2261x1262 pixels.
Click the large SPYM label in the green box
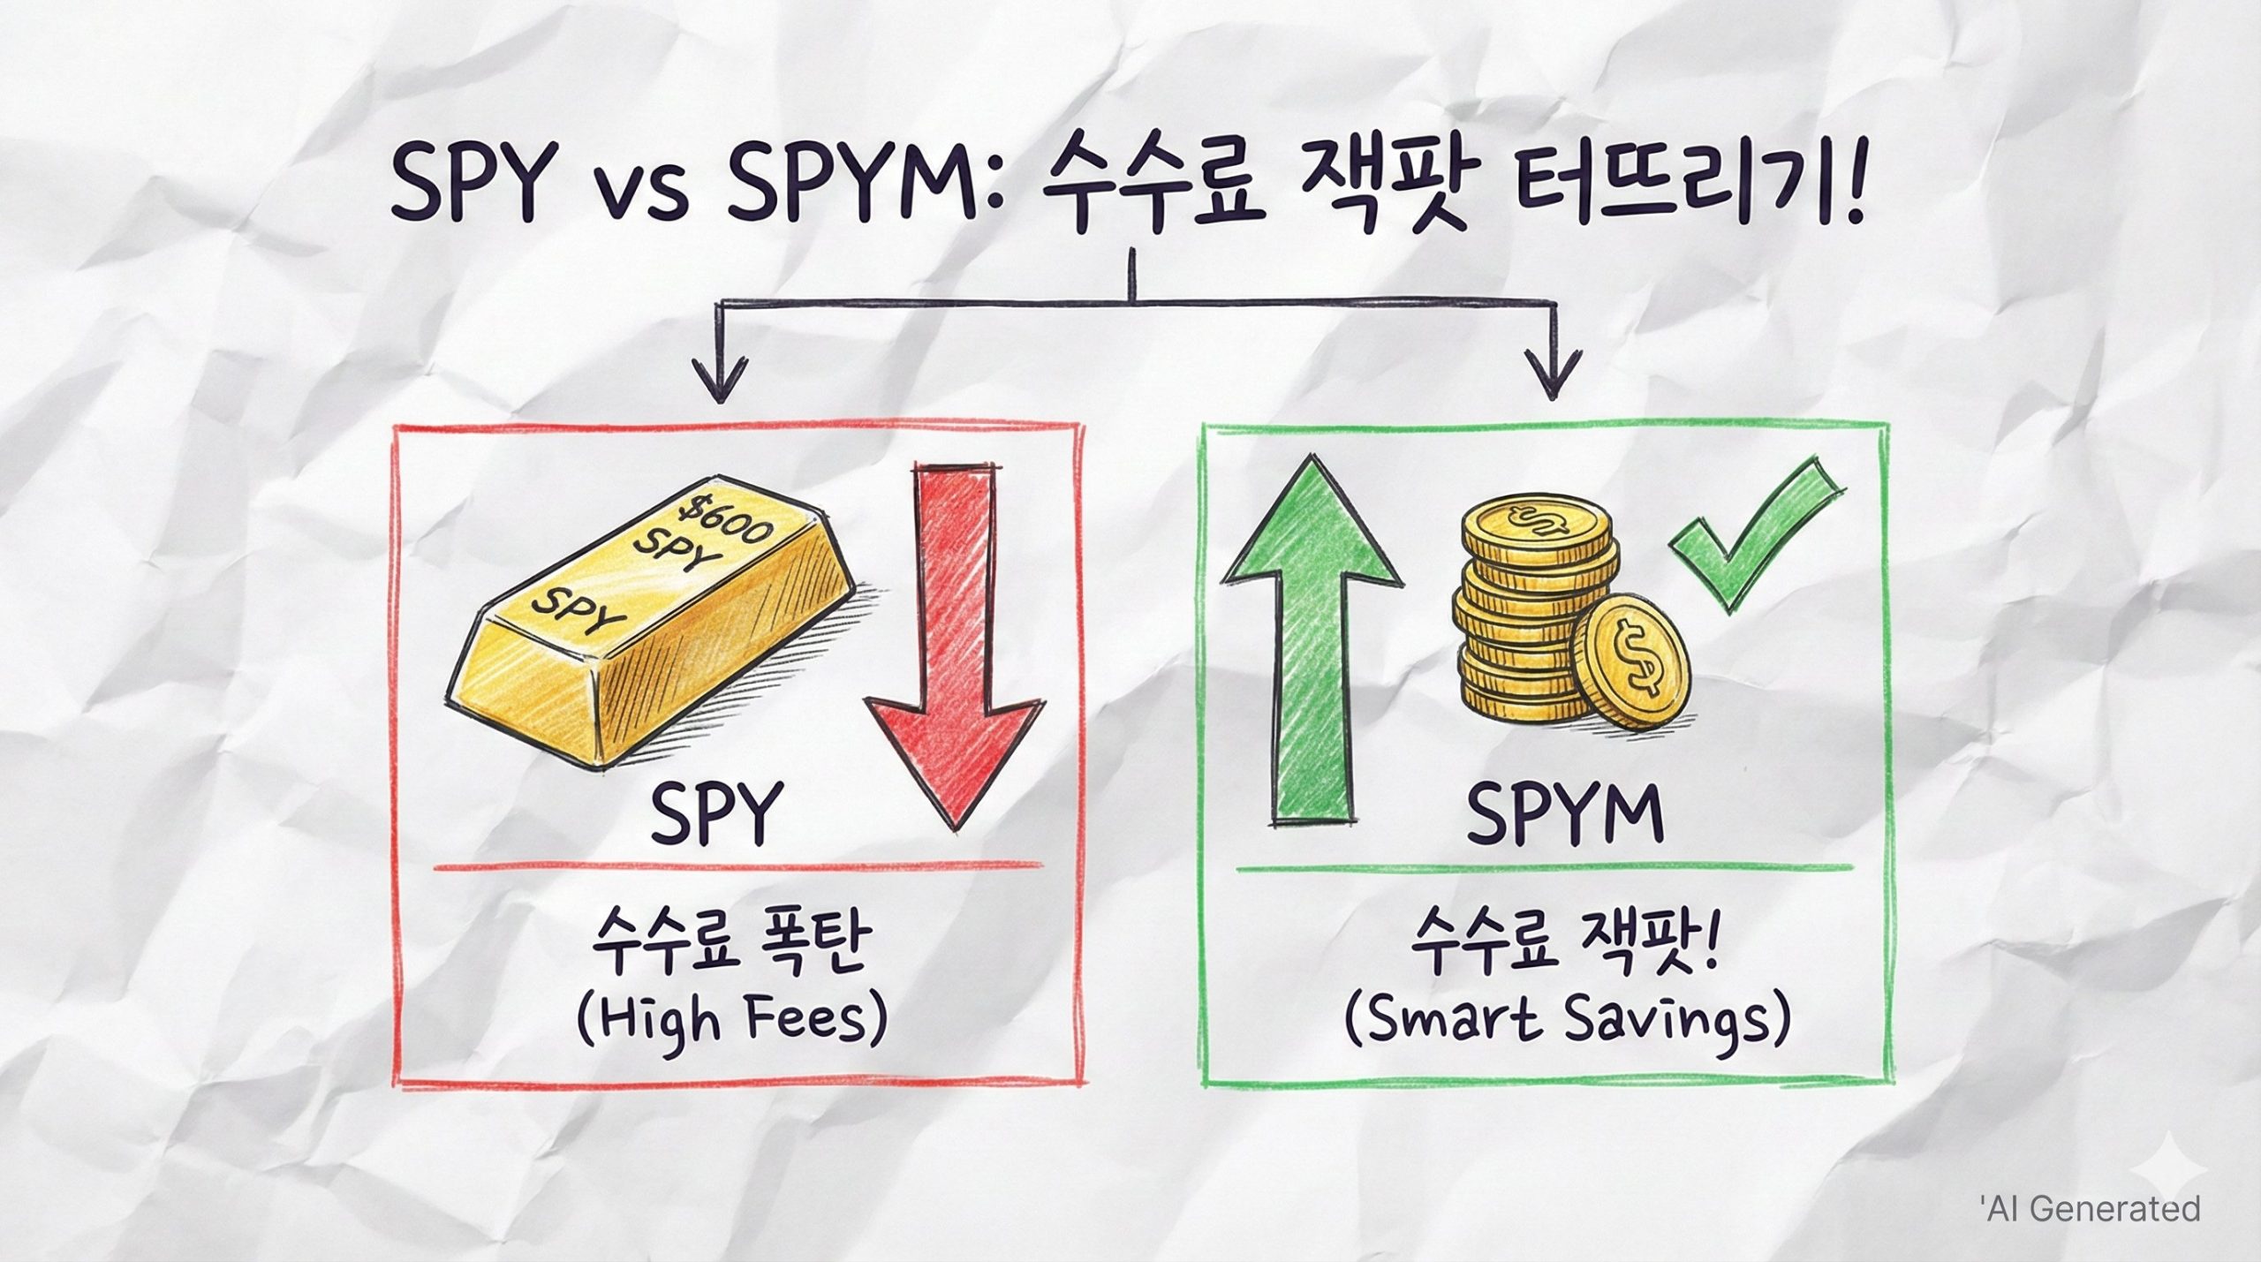click(1564, 812)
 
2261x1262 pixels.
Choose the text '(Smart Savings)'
click(1567, 1024)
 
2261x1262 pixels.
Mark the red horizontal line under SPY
click(737, 868)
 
